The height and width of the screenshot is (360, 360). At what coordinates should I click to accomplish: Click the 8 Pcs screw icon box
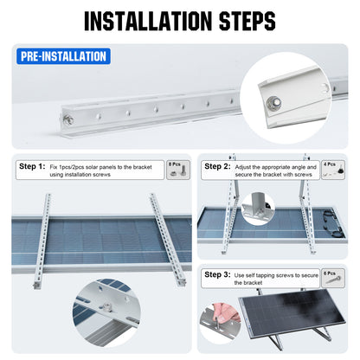coord(175,170)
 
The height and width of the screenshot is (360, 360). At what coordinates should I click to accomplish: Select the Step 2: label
coord(217,165)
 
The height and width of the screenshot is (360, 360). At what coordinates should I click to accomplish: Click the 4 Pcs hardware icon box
coord(331,169)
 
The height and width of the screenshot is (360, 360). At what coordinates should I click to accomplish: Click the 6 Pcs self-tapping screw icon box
coord(330,278)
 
